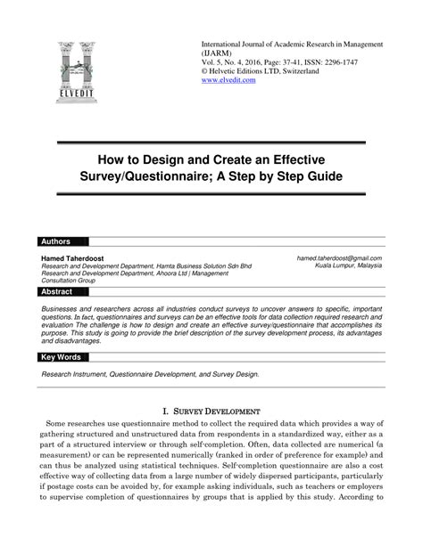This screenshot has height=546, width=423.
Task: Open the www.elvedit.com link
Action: (x=228, y=80)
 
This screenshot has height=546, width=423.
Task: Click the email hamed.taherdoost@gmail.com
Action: (x=339, y=257)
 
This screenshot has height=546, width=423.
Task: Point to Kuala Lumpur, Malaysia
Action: (x=348, y=265)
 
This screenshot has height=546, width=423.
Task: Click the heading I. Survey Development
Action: (x=211, y=412)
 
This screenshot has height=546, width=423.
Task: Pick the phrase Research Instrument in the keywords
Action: (x=81, y=375)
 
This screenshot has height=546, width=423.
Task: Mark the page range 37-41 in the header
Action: (x=297, y=61)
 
